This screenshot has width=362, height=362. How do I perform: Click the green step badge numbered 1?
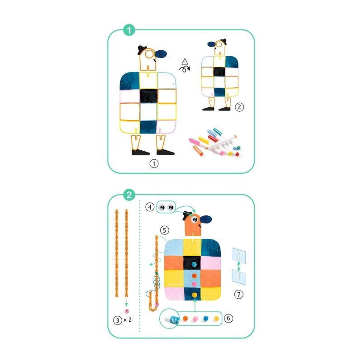click(129, 30)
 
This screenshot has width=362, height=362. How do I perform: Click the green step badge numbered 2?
click(129, 195)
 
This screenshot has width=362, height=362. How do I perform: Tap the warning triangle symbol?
click(185, 62)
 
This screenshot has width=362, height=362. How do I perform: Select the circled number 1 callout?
click(154, 164)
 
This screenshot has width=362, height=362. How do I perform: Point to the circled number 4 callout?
click(150, 207)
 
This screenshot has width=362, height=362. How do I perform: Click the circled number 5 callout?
click(164, 230)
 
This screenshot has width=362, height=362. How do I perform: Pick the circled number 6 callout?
click(229, 319)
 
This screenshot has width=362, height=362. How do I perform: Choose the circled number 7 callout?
click(239, 295)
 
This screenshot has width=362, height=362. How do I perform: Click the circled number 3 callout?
click(118, 320)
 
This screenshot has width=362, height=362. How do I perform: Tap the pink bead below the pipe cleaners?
click(127, 311)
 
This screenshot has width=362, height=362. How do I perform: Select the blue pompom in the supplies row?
click(205, 319)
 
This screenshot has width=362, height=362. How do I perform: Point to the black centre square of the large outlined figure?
click(149, 96)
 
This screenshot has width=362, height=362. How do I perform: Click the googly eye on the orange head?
click(194, 219)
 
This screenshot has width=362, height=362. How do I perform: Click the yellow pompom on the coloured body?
click(195, 295)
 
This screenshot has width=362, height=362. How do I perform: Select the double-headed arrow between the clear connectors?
click(239, 267)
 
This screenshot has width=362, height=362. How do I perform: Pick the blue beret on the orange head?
click(206, 219)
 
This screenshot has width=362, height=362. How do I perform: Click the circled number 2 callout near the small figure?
click(239, 107)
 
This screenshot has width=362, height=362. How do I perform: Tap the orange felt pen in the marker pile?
click(198, 150)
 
